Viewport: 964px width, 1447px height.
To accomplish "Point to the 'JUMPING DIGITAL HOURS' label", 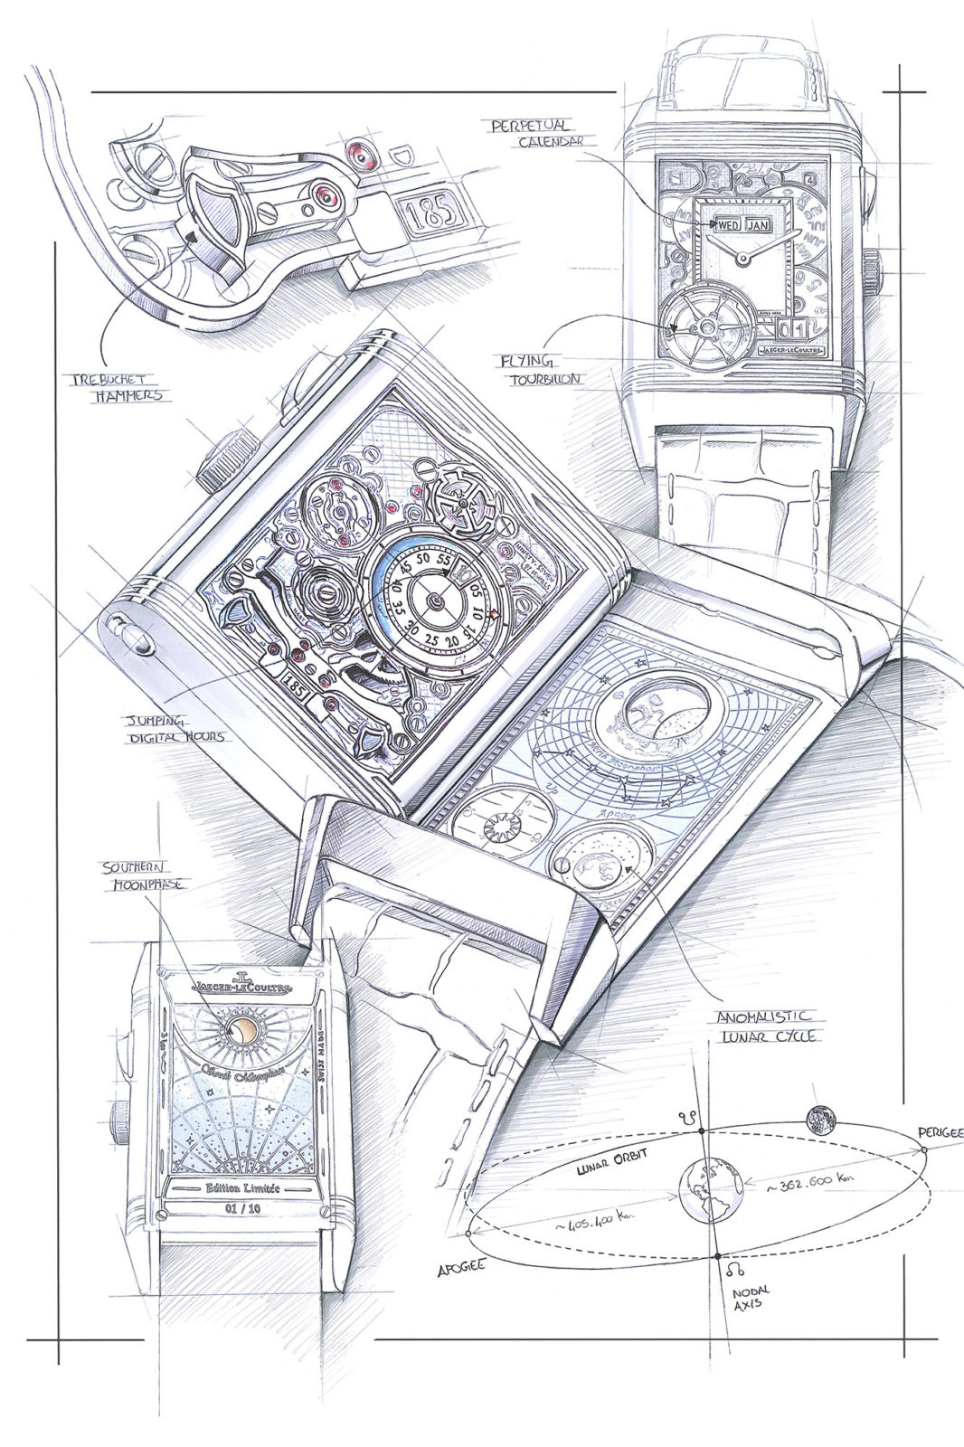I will click(x=174, y=730).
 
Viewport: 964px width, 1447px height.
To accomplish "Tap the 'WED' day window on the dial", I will click(x=727, y=223).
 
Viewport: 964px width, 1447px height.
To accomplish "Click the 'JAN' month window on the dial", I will click(x=757, y=223).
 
